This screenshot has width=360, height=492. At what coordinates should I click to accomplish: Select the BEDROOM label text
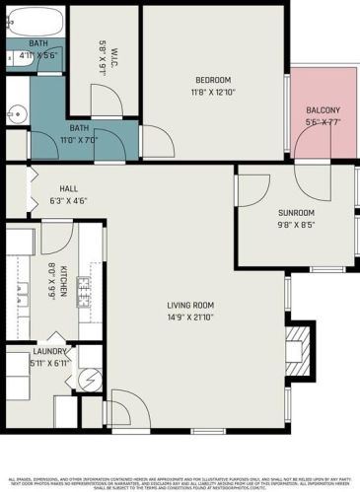[212, 80]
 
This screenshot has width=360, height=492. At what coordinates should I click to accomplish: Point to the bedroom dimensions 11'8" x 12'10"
[212, 92]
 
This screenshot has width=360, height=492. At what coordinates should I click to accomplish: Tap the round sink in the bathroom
[15, 111]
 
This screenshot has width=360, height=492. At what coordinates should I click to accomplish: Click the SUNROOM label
[296, 212]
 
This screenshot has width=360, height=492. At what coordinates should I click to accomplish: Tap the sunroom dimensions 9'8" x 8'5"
[296, 224]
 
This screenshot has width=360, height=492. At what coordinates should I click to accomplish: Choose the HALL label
[69, 188]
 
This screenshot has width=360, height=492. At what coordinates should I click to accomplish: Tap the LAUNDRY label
[49, 352]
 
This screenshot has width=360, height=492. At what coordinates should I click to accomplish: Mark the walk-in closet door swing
[104, 98]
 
